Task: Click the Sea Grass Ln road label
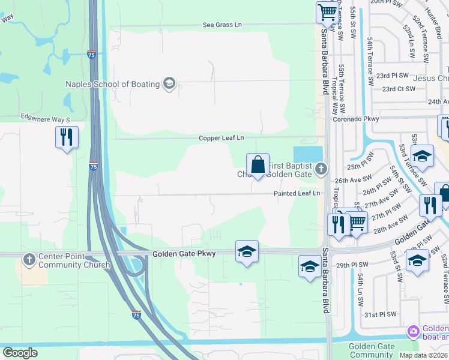pos(222,25)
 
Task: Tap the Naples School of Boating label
pos(112,84)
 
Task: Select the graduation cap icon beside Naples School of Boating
pos(169,83)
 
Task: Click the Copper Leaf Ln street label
pos(221,138)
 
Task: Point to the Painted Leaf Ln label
pos(297,193)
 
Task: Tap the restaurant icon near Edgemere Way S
pos(66,137)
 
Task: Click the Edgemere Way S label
pos(46,117)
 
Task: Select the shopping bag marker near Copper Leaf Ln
pos(258,164)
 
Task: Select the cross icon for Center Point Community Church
pos(29,260)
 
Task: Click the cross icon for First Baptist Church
pos(321,169)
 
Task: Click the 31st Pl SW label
pos(381,314)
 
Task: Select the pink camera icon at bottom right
pos(413,331)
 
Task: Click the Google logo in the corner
pos(20,353)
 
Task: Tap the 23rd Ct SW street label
pos(399,89)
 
